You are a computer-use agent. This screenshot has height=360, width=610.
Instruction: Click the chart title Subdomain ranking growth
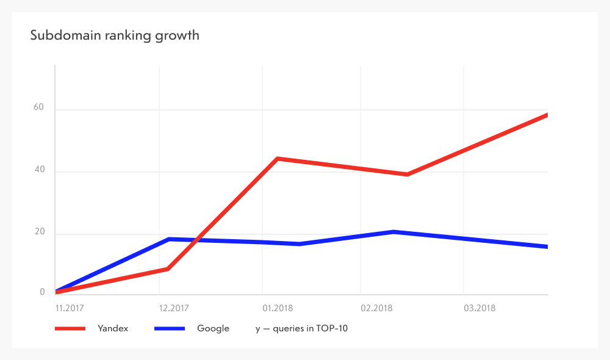[115, 35]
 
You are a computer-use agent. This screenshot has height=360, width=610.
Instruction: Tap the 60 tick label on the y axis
[40, 107]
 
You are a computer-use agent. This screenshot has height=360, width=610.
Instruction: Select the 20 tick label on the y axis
[40, 232]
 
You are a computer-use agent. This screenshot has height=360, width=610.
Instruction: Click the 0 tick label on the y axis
[43, 292]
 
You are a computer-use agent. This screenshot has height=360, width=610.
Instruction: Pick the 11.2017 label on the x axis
[68, 308]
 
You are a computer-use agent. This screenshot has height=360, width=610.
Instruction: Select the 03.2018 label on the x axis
[479, 308]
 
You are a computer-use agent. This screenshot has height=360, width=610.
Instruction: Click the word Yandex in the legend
[113, 328]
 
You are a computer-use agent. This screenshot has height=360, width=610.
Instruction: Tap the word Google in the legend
[213, 328]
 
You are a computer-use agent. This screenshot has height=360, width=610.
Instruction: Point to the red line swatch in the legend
[70, 328]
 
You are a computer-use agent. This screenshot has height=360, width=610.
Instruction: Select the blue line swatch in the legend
[170, 328]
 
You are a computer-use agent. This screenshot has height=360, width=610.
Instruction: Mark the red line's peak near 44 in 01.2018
[278, 159]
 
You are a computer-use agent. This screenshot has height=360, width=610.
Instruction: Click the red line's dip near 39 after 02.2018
[407, 175]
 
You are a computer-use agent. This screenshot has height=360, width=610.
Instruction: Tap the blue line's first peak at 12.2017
[168, 239]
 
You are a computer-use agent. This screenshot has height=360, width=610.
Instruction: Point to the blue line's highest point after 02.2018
[394, 232]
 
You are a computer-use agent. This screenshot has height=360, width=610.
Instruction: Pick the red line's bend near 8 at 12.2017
[167, 269]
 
